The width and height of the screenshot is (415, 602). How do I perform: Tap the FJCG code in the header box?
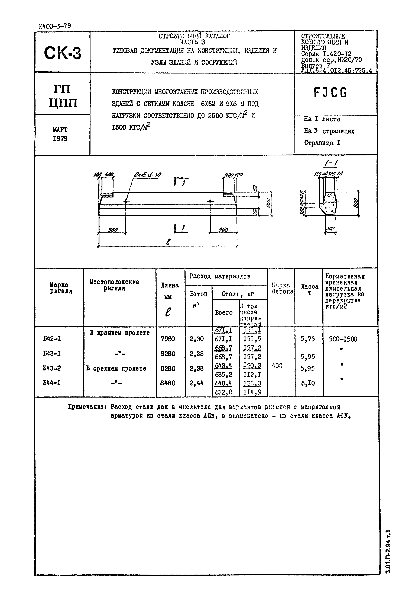(x=330, y=93)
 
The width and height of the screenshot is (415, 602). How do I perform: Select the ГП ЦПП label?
(x=63, y=96)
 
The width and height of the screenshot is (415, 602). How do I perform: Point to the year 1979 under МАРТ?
(x=60, y=139)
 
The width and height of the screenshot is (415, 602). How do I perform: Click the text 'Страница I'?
(x=322, y=143)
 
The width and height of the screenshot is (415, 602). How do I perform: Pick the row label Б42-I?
(x=52, y=339)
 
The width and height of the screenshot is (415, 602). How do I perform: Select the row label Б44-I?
(x=52, y=383)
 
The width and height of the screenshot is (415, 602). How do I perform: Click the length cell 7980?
(x=168, y=339)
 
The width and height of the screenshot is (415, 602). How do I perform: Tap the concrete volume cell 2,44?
(x=197, y=383)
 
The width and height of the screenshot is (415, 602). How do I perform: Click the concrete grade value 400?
(x=277, y=366)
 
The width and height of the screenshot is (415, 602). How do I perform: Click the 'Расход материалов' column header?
(x=220, y=276)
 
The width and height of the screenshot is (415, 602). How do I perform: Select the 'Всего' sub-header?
(x=224, y=312)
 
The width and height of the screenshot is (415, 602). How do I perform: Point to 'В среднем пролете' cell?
(x=116, y=368)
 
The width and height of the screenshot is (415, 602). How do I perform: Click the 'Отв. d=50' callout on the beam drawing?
(x=147, y=175)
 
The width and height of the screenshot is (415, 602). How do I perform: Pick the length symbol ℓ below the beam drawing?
(x=168, y=242)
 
